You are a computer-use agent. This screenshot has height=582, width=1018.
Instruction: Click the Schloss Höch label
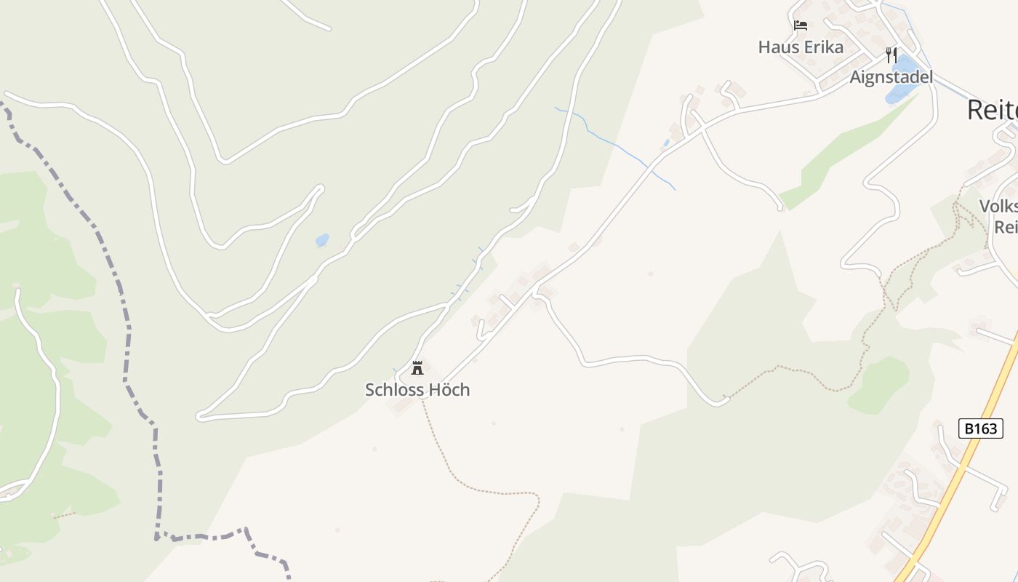(417, 390)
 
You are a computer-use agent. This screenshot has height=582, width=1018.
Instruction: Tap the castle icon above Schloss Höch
(417, 367)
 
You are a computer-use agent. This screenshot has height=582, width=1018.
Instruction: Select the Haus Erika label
(801, 47)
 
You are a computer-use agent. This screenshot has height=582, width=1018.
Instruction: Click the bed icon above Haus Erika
(801, 25)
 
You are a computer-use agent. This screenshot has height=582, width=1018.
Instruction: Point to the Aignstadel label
(891, 77)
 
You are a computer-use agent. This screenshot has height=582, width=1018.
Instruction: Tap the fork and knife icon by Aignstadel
(891, 55)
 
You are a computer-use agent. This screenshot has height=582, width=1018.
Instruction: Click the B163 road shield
(980, 428)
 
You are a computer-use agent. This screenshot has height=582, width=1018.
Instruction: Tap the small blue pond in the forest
(321, 240)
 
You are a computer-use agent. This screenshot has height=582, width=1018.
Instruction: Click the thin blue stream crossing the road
(618, 145)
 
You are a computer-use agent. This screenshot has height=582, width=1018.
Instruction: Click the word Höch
(449, 390)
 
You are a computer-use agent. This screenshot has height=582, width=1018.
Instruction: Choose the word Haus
(774, 47)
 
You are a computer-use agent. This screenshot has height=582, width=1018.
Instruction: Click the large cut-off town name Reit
(993, 111)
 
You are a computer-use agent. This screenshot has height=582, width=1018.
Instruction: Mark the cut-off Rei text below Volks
(1006, 227)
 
